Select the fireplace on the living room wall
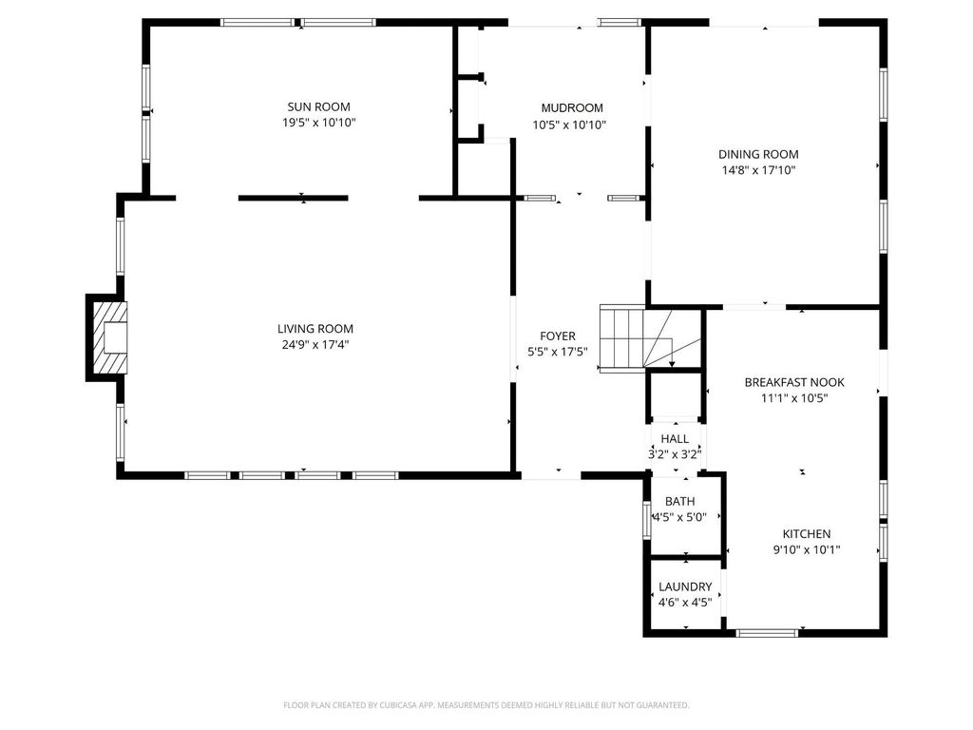click(108, 337)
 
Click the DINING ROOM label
click(758, 154)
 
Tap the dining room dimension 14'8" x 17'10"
click(758, 171)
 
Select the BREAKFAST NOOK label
click(794, 382)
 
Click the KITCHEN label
click(807, 534)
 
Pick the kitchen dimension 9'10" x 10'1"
click(807, 550)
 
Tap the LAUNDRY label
click(685, 586)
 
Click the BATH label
click(680, 502)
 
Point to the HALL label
click(675, 439)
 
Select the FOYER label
click(558, 336)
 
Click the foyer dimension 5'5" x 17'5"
click(558, 352)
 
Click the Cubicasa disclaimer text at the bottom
click(486, 705)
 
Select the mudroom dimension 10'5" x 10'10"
click(569, 125)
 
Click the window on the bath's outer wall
click(647, 520)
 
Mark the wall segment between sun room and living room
click(293, 198)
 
